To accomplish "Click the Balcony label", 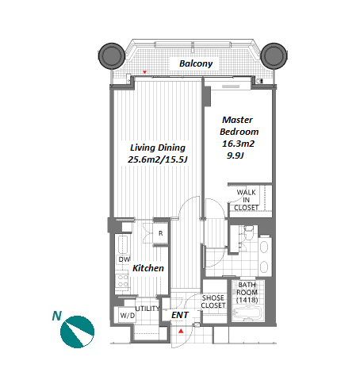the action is (196, 63).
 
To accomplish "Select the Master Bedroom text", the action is (239, 125).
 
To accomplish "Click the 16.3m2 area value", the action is (238, 144).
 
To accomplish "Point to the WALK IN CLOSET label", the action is (246, 200).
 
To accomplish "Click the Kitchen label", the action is (148, 268).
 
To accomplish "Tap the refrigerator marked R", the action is (160, 233).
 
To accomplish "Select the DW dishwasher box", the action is (124, 259).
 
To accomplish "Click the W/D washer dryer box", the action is (127, 315).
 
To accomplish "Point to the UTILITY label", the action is (147, 309).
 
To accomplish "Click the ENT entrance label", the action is (180, 315).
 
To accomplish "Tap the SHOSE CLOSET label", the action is (213, 301).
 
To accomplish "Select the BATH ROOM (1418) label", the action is (247, 292).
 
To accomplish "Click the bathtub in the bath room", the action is (247, 313).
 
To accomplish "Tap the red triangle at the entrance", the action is (181, 331).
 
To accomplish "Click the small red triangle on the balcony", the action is (144, 72).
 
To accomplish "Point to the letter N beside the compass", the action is (57, 316).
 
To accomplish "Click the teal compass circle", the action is (77, 332).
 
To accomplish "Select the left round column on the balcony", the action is (112, 56).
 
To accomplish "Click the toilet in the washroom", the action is (248, 232).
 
